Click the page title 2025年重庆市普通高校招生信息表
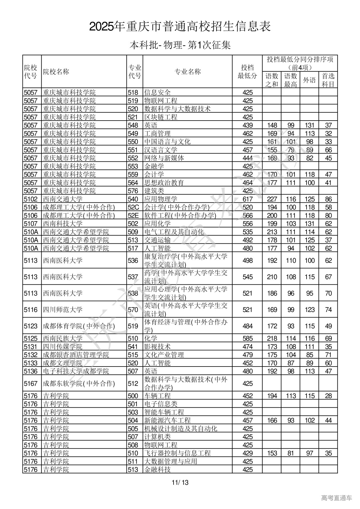180,27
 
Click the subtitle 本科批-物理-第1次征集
180,45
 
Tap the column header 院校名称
56,72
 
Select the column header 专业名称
188,72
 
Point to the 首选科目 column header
328,80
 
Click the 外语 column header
309,80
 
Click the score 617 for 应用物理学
247,199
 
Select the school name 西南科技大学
63,224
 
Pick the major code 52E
133,216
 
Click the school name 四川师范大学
63,310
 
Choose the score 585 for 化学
247,338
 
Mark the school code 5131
31,347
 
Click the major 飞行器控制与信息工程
177,453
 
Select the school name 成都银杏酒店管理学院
76,355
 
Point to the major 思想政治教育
164,183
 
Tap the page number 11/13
180,483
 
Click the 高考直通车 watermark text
336,498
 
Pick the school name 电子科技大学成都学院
76,371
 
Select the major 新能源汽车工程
167,420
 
